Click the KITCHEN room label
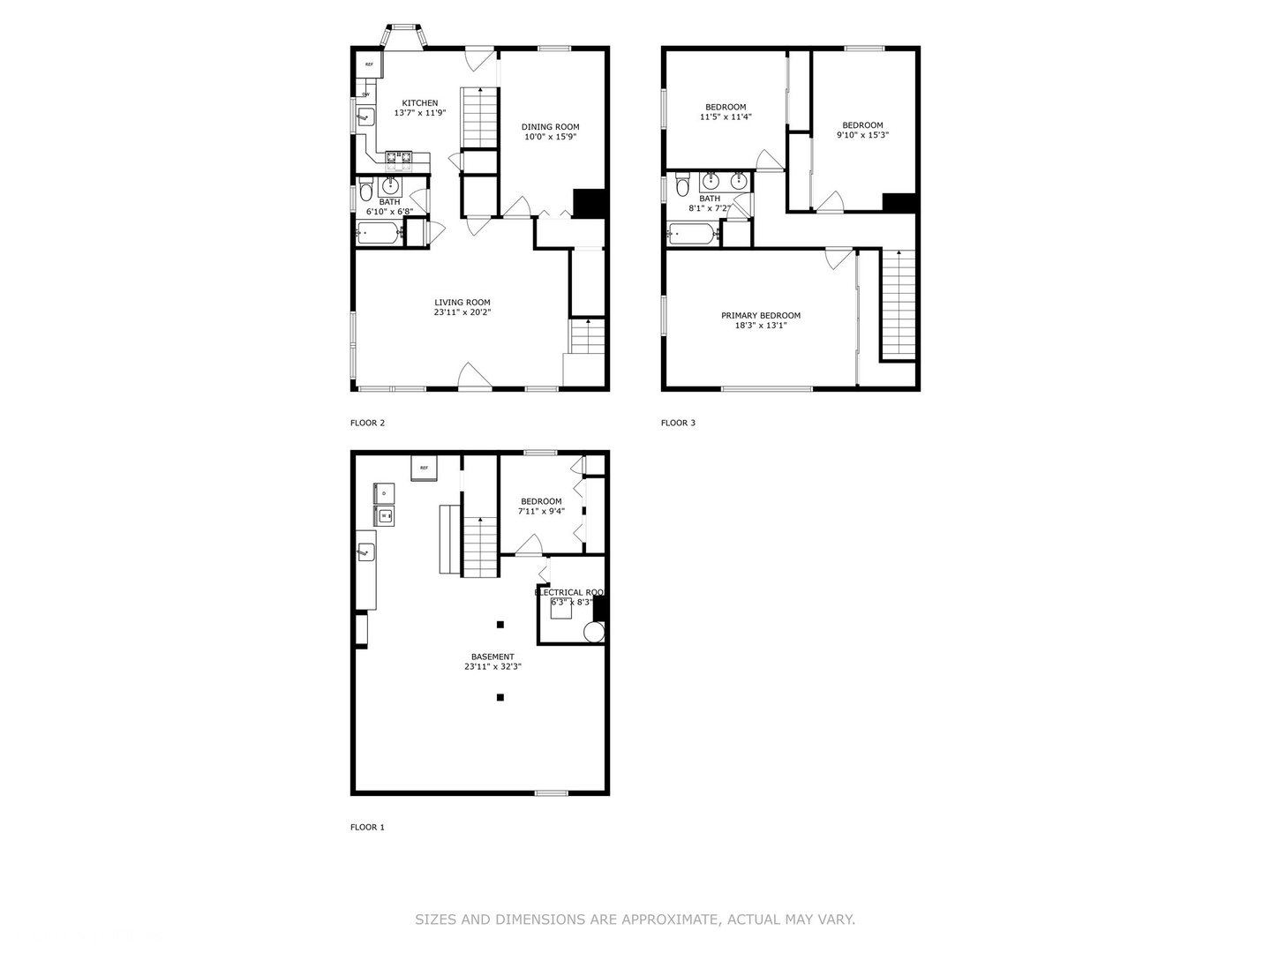pyautogui.click(x=419, y=103)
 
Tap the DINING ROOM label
pyautogui.click(x=550, y=127)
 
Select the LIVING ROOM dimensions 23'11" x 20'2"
pyautogui.click(x=462, y=312)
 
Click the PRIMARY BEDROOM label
pyautogui.click(x=760, y=316)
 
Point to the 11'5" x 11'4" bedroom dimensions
pyautogui.click(x=726, y=116)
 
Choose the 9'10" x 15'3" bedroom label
pyautogui.click(x=862, y=125)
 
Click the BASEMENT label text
pyautogui.click(x=493, y=657)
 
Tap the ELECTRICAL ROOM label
pyautogui.click(x=569, y=592)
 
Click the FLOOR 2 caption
pyautogui.click(x=367, y=423)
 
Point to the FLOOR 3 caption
pyautogui.click(x=678, y=423)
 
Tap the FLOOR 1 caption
pyautogui.click(x=367, y=827)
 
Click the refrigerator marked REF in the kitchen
pyautogui.click(x=369, y=65)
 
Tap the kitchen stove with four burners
pyautogui.click(x=398, y=159)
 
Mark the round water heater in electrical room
pyautogui.click(x=594, y=632)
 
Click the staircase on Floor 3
pyautogui.click(x=899, y=304)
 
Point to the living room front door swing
pyautogui.click(x=474, y=377)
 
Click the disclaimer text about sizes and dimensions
pyautogui.click(x=635, y=919)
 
